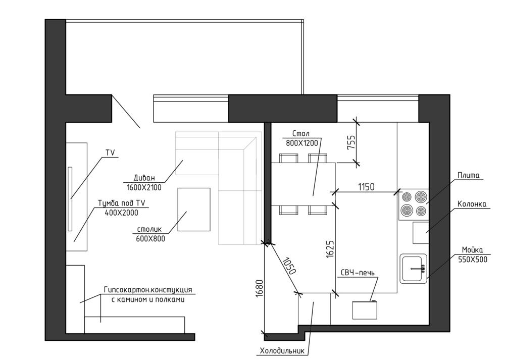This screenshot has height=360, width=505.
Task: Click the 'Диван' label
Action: coord(144,178)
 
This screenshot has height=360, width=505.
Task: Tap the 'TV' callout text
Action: coord(111,153)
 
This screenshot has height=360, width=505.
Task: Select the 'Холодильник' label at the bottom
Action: coord(282,351)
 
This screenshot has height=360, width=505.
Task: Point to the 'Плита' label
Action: coord(468,176)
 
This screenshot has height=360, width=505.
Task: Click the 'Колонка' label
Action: coord(472,204)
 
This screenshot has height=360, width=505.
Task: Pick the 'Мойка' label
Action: coord(473,250)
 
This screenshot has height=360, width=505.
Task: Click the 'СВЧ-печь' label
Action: coord(358,273)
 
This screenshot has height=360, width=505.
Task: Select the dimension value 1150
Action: coord(366,186)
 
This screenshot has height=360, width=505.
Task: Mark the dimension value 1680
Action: coord(260,289)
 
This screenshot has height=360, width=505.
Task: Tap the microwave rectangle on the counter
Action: coord(365,310)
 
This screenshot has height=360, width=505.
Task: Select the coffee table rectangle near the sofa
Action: coord(194,210)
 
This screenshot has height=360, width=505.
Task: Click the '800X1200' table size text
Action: coord(302,143)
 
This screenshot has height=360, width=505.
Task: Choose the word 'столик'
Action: coord(149,230)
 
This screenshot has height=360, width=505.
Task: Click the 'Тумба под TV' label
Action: coord(121,203)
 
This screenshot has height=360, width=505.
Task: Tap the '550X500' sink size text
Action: coord(473,259)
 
